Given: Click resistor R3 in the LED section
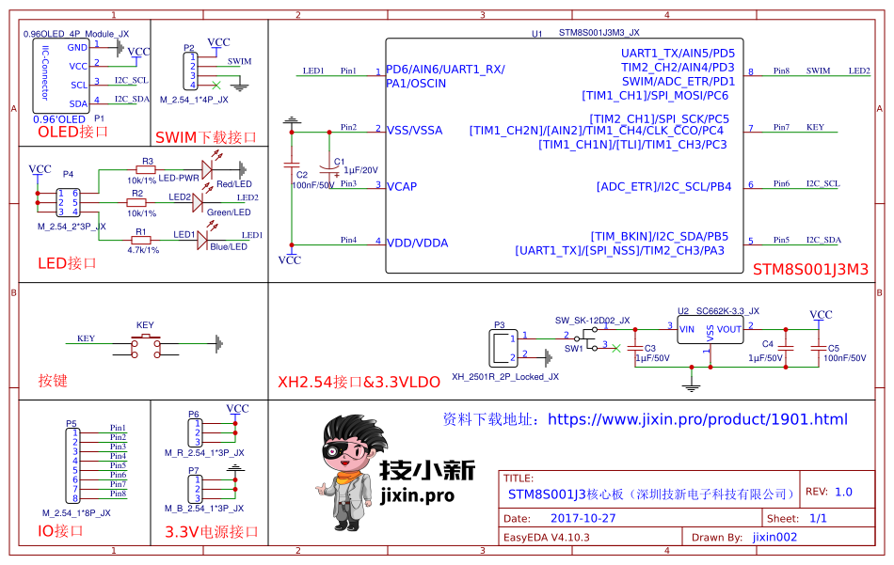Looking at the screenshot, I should [147, 169].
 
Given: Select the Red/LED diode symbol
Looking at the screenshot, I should [207, 169].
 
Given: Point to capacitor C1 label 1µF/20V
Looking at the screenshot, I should [359, 170].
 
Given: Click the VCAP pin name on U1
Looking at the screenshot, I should [402, 186].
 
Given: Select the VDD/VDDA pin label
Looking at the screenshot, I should [417, 243].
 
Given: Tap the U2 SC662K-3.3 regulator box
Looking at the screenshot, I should [710, 334].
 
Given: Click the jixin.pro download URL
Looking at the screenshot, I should [697, 419].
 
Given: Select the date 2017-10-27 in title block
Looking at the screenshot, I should [583, 518].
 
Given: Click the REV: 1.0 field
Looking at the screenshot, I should [829, 492].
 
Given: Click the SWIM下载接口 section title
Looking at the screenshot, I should [206, 137].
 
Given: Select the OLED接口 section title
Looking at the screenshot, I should [72, 132].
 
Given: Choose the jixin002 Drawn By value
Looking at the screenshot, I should [774, 537].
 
